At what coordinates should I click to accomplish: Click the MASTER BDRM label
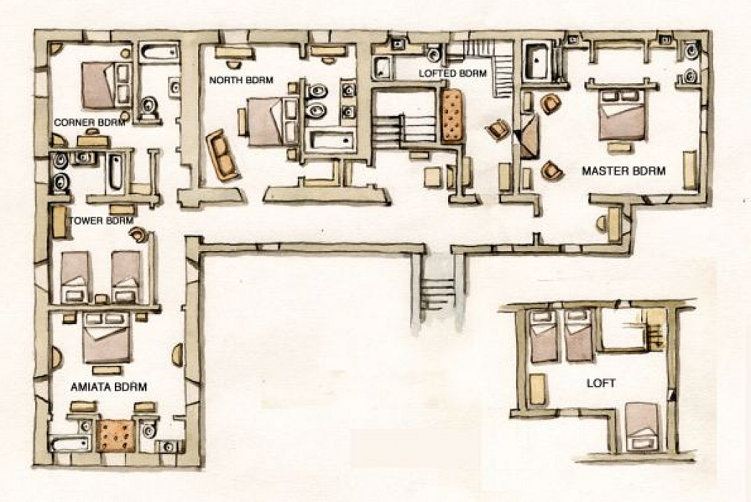coord(624,171)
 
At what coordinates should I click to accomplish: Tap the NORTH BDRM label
coord(241,80)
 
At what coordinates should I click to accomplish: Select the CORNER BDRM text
coord(90,123)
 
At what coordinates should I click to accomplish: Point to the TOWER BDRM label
coord(101,221)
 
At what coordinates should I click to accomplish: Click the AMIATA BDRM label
coord(108,387)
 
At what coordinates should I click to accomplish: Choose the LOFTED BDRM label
coord(452,73)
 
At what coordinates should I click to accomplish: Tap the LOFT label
coord(601,383)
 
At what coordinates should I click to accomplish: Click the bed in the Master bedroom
coord(622,114)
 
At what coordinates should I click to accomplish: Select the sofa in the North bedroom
coord(223,155)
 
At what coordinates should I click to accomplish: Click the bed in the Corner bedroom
coord(106,85)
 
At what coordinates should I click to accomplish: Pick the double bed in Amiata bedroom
coord(106,337)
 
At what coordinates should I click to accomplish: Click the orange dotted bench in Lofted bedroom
coord(452,115)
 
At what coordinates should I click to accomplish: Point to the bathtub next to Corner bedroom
coord(159,53)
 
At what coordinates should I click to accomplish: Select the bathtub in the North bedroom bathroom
coord(331,141)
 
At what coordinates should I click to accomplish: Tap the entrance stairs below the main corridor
coord(438,292)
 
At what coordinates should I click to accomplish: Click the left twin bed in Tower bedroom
coord(75,277)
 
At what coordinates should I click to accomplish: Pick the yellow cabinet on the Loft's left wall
coord(538,389)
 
